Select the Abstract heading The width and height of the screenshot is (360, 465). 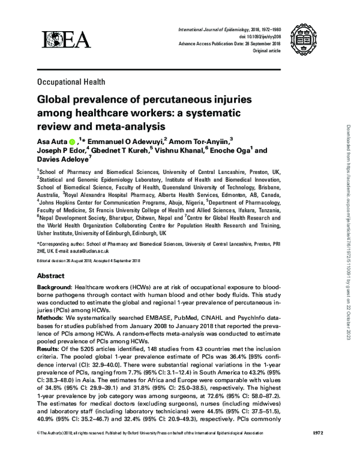pos(51,275)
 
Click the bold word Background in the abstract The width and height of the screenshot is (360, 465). pos(56,289)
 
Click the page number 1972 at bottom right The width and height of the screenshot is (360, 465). pos(319,450)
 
